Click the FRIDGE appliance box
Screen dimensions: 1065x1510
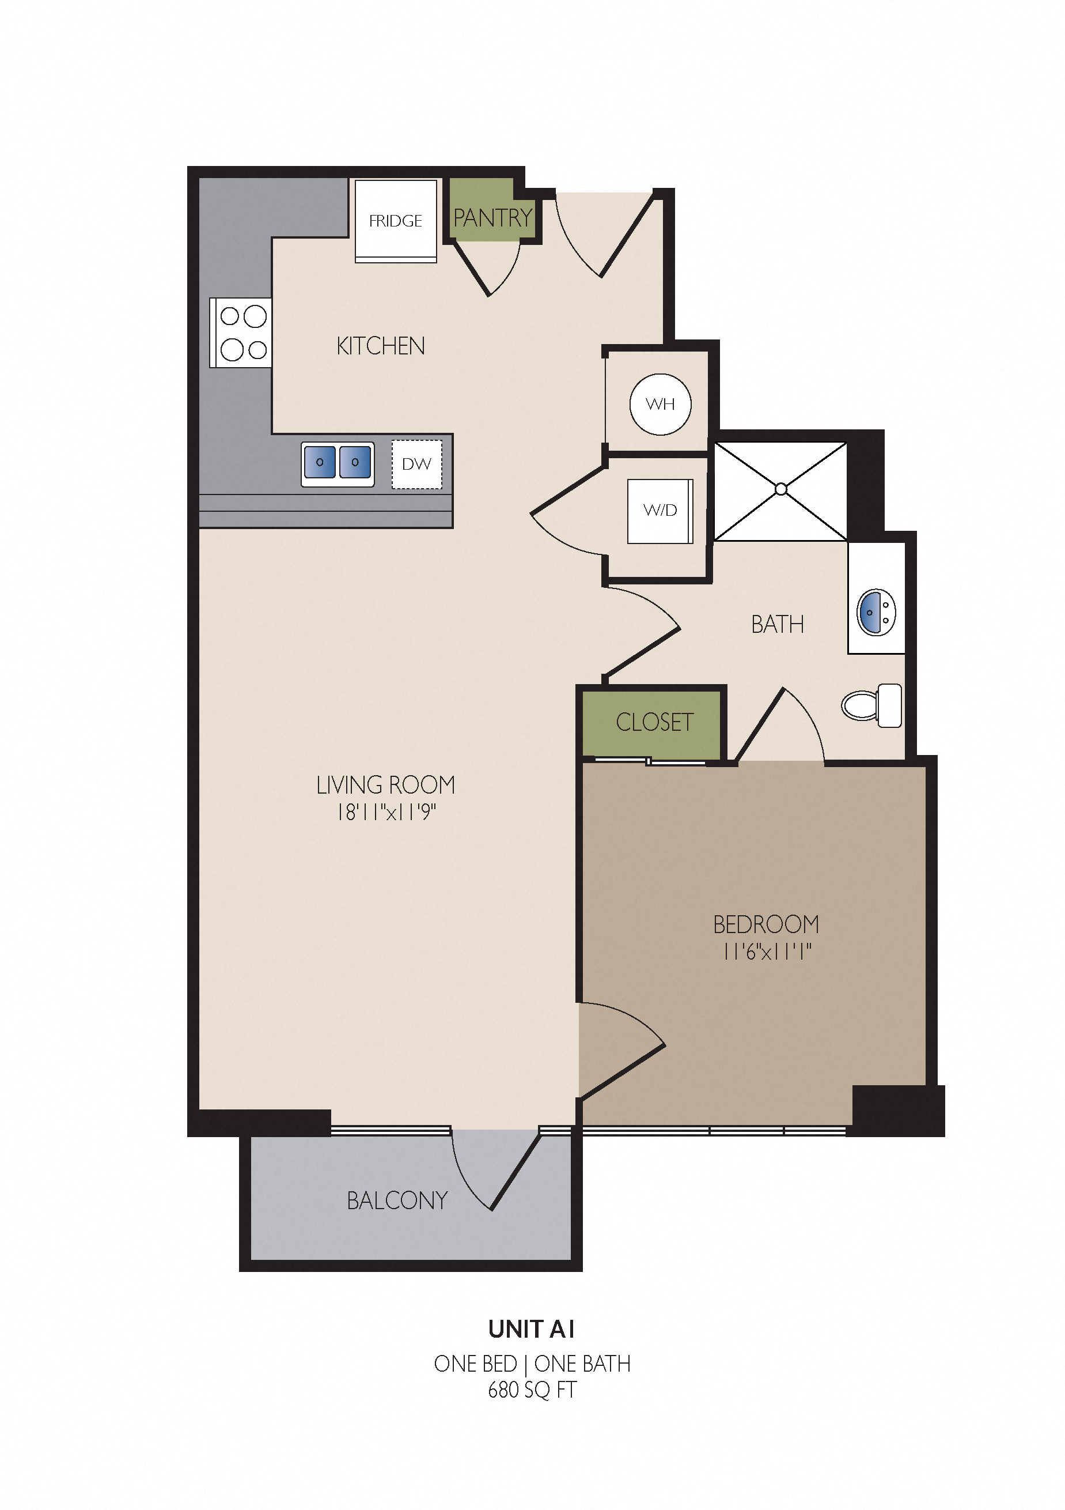395,220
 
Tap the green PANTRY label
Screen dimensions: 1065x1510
492,218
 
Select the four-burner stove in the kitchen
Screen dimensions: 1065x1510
241,333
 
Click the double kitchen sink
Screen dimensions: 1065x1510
338,463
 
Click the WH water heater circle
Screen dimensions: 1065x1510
660,404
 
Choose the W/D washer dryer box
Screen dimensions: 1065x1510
660,511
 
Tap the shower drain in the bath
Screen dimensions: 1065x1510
780,489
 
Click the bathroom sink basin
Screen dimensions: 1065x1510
875,612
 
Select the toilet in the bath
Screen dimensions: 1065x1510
871,705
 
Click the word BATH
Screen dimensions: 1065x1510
777,624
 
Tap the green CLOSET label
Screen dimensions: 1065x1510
654,722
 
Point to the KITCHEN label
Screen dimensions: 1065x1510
381,346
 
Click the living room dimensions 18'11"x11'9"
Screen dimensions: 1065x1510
386,812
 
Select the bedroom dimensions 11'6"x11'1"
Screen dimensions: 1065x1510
767,952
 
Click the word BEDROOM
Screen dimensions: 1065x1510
766,924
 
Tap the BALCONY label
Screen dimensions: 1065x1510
397,1201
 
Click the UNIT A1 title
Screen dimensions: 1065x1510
531,1329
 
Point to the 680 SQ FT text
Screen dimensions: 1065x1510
532,1390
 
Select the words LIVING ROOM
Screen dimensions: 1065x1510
385,784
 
